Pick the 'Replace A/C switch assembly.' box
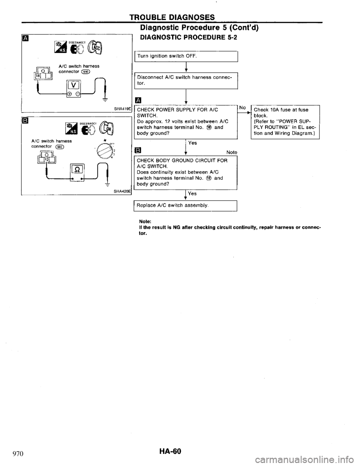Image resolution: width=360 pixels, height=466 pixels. point(186,206)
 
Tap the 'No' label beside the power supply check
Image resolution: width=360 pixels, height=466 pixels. point(243,108)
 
